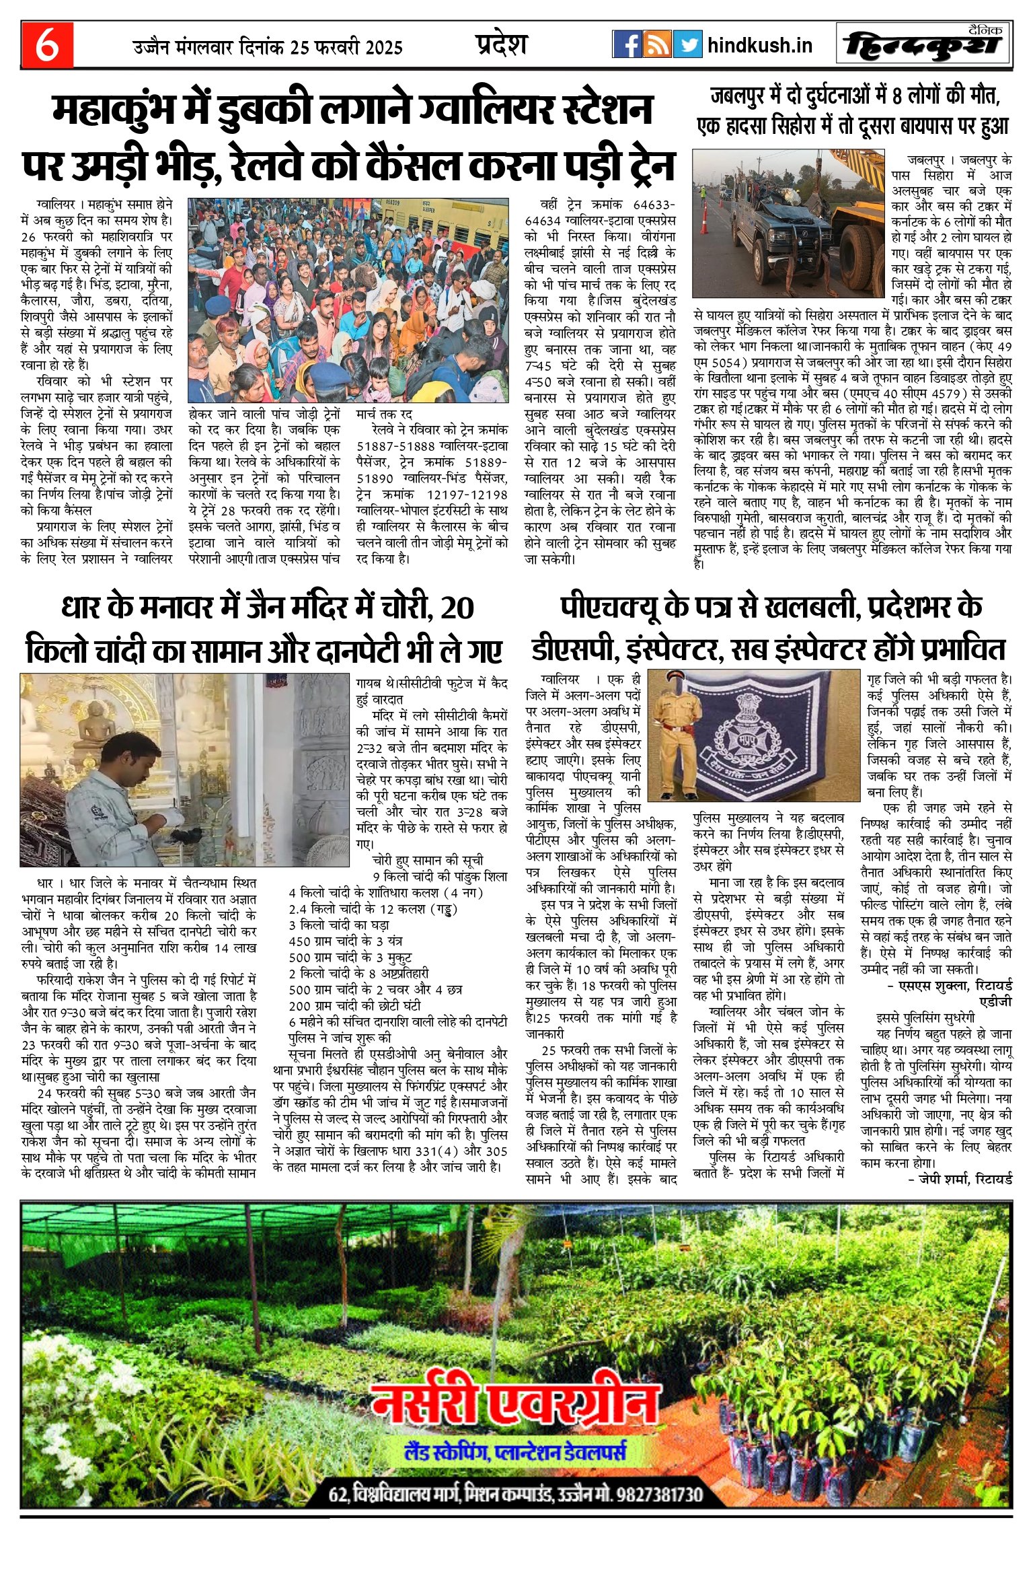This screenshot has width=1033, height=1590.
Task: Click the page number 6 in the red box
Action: (x=47, y=45)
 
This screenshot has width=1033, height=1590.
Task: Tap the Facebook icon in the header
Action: (x=627, y=44)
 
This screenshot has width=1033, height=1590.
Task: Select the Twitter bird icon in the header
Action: (x=687, y=44)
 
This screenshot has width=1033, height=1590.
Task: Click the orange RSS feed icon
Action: (x=657, y=44)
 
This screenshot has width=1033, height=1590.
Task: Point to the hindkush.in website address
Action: (x=760, y=45)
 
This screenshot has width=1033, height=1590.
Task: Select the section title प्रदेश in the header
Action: (x=501, y=44)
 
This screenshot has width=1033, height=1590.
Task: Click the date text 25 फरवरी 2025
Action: (x=346, y=47)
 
